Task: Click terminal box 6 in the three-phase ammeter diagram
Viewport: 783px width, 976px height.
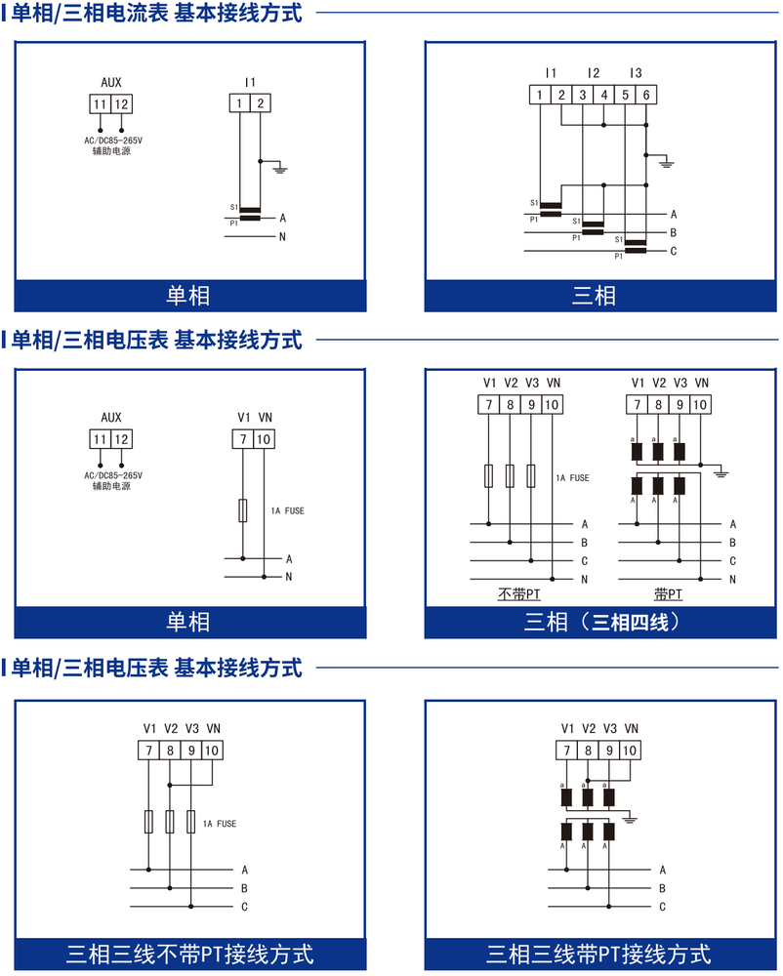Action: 646,95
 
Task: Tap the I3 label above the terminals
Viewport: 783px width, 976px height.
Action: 636,73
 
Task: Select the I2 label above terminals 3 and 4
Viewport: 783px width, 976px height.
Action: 594,73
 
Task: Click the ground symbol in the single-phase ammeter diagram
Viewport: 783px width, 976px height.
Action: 281,169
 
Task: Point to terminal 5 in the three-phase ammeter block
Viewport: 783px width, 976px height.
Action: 625,95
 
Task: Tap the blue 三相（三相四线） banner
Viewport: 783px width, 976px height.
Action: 600,622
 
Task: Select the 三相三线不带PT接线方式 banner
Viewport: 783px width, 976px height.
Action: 190,954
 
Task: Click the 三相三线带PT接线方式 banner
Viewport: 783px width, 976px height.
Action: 600,954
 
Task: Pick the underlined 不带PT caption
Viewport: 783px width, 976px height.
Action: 519,594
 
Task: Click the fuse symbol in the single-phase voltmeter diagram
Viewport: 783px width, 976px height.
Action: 243,510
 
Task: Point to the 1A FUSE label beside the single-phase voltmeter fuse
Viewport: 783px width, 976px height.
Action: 288,511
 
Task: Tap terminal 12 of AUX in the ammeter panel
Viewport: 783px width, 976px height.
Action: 121,104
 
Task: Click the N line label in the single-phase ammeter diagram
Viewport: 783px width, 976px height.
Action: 282,237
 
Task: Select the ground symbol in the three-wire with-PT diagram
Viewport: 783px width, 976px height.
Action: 630,820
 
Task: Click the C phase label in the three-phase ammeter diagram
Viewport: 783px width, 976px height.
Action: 674,252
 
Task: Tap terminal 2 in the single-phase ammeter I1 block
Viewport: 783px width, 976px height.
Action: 260,103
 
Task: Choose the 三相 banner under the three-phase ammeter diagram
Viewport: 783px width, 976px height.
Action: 600,295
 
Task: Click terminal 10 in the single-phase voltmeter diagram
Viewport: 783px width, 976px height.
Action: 264,439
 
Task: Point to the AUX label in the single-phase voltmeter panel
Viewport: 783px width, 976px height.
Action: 111,418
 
